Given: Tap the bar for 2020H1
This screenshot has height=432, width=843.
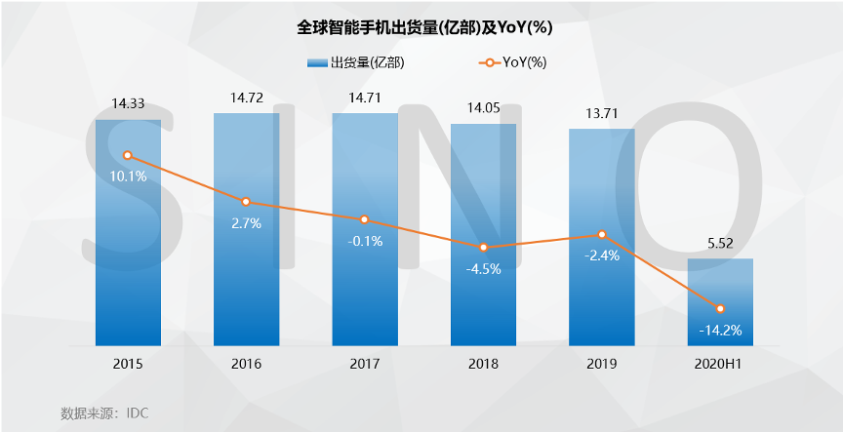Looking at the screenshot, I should [720, 302].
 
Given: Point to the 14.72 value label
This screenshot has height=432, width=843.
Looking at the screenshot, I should [246, 98].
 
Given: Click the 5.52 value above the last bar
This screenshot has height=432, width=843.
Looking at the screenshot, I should [720, 244].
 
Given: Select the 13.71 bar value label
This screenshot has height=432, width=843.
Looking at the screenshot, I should [601, 114].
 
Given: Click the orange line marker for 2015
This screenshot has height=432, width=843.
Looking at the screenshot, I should [128, 155].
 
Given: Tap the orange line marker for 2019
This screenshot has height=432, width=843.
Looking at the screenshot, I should [602, 234].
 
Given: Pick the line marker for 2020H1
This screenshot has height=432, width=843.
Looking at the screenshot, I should [720, 308].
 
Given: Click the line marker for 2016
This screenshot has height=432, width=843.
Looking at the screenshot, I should [246, 202].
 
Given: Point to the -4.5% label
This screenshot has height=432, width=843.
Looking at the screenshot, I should [483, 269].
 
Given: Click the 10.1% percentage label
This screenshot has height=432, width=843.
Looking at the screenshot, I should [129, 177].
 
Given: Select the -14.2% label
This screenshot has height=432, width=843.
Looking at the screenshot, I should [720, 330].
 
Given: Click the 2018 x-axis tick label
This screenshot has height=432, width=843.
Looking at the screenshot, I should [483, 364].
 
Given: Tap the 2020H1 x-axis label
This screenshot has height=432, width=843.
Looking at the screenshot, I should [720, 364].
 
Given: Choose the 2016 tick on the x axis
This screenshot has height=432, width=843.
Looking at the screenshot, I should [246, 364].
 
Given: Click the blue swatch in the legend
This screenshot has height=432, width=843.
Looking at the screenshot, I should [317, 63].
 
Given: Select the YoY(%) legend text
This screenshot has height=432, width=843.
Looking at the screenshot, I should [525, 63].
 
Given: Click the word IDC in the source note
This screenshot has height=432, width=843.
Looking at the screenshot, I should [137, 412].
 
